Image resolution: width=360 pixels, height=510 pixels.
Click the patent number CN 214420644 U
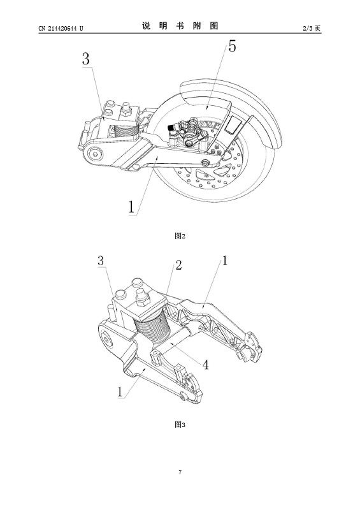61,28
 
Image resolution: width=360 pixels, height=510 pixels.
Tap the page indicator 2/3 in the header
308,28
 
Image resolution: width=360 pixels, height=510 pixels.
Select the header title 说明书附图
180,26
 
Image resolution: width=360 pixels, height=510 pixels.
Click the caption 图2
180,236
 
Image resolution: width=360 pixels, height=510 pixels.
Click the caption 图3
180,425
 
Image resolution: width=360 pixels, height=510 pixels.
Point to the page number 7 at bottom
180,472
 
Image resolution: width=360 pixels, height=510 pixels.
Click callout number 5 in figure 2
232,46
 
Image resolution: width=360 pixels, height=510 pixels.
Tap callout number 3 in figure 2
85,59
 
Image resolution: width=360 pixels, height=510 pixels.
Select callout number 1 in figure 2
131,207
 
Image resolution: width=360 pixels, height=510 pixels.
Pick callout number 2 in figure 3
178,265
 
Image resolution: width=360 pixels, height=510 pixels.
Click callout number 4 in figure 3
206,365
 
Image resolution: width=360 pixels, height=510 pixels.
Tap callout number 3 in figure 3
101,261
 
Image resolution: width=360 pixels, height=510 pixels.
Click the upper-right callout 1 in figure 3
225,260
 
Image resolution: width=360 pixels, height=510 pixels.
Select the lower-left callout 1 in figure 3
120,391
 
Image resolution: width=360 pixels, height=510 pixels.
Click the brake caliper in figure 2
187,135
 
